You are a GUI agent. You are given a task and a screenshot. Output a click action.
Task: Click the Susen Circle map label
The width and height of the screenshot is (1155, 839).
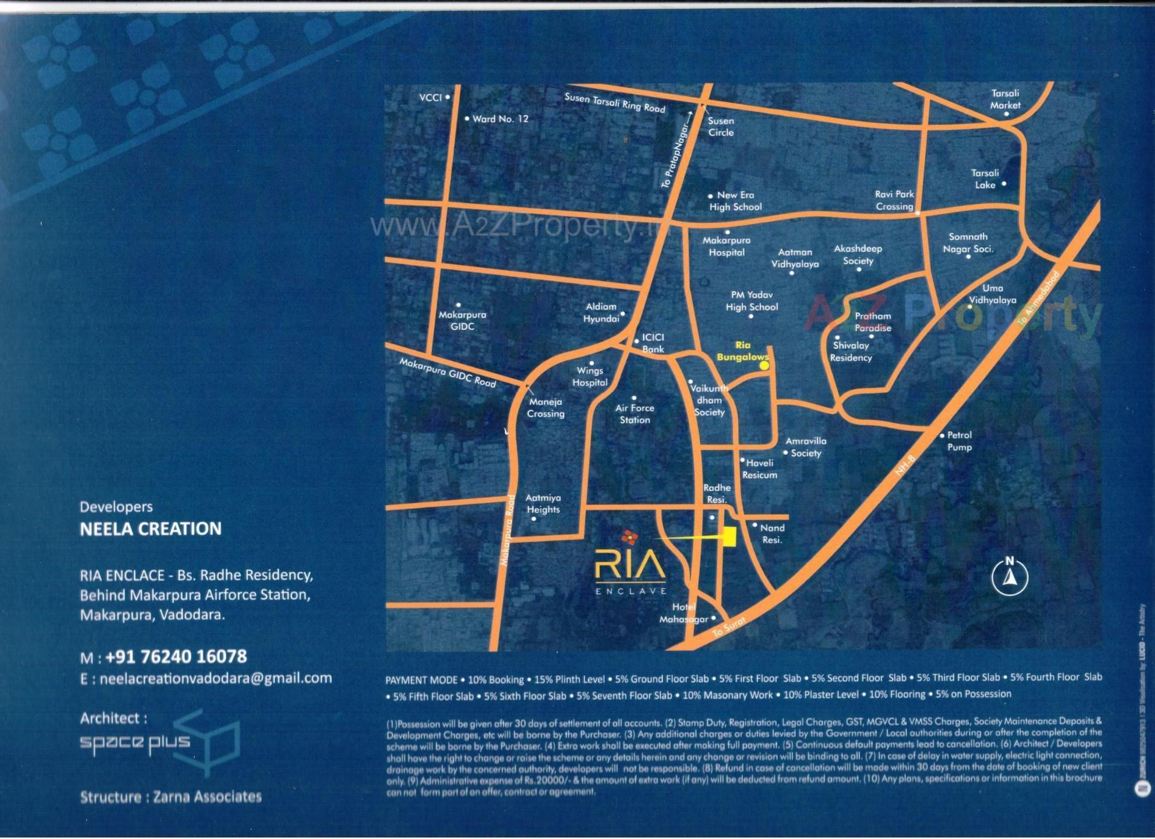(x=721, y=127)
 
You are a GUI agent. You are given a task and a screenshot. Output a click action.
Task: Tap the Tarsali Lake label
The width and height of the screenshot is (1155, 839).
(x=985, y=179)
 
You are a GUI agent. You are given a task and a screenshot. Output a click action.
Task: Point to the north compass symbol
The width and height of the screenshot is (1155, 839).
(x=1009, y=576)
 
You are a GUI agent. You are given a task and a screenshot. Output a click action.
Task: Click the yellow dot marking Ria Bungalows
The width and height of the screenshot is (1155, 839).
(x=764, y=364)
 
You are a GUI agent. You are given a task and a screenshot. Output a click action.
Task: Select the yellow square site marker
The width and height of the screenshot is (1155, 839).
(x=730, y=536)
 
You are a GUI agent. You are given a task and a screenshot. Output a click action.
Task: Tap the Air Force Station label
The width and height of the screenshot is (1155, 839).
(x=635, y=414)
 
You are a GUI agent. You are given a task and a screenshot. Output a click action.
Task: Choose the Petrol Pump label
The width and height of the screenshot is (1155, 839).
(x=959, y=441)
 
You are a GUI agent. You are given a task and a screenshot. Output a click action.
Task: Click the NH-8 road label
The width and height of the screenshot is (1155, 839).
(x=905, y=466)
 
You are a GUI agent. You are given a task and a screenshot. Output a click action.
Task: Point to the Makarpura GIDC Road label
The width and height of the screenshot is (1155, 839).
(x=448, y=372)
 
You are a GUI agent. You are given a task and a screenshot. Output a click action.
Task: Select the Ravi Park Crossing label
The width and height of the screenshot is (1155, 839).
(x=895, y=200)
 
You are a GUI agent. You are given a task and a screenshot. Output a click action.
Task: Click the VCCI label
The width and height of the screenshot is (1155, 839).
(x=431, y=97)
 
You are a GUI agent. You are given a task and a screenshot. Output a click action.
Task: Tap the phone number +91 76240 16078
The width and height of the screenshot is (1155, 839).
(x=176, y=656)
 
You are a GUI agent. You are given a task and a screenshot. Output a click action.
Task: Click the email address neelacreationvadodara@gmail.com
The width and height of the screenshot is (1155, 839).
(x=215, y=678)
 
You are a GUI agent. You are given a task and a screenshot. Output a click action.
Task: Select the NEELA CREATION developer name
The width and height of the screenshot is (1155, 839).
(x=151, y=529)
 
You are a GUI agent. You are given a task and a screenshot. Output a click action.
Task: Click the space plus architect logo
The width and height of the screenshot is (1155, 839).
(x=160, y=743)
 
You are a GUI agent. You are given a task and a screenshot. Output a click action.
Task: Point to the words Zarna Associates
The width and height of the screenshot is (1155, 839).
(x=208, y=797)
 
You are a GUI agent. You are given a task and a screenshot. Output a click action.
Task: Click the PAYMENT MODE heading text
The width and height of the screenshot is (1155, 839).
(x=421, y=680)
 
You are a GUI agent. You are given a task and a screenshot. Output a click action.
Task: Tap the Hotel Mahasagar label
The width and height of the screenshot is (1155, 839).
(x=684, y=613)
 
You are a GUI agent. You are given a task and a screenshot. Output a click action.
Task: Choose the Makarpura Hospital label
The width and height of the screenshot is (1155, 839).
(x=727, y=246)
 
